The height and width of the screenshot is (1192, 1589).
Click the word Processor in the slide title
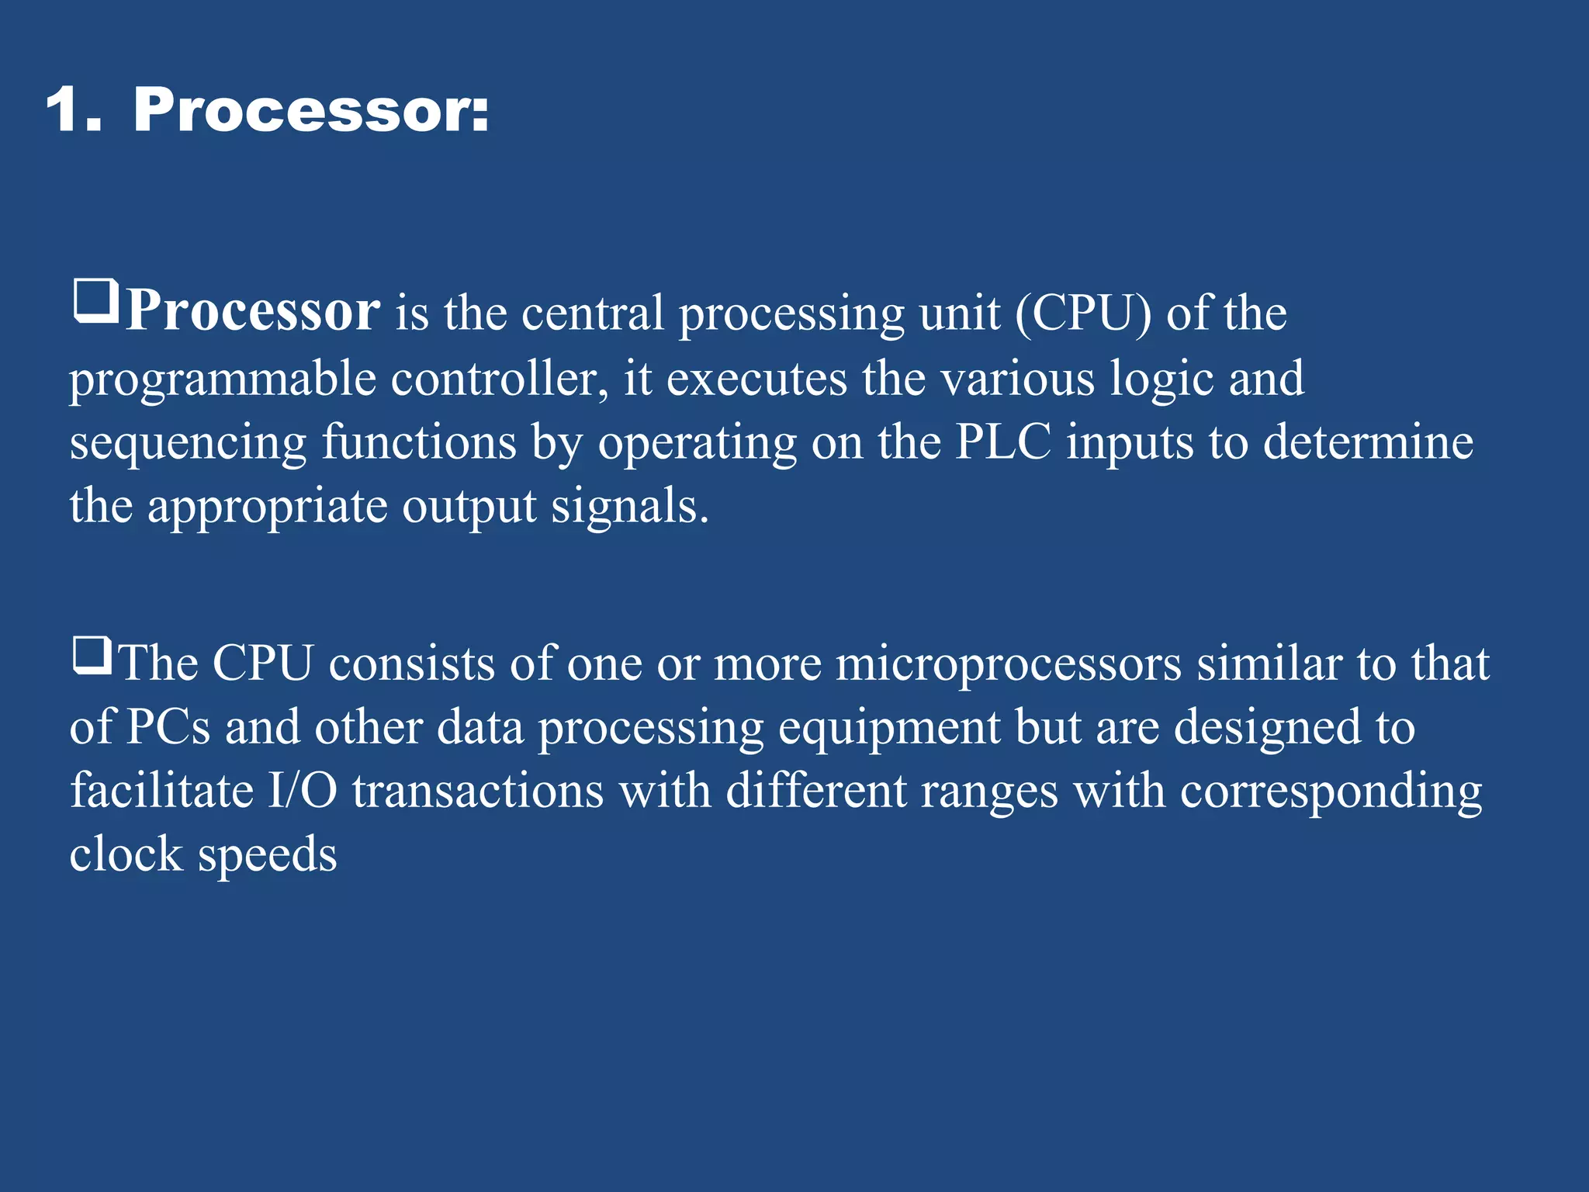(x=311, y=111)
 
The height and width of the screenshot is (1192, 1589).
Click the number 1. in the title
(x=74, y=111)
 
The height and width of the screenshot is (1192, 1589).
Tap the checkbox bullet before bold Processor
(x=96, y=302)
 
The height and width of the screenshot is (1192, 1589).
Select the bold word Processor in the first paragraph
(x=253, y=311)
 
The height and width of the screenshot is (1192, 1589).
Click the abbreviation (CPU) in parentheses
(x=1082, y=314)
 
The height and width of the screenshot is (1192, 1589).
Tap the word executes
(x=756, y=379)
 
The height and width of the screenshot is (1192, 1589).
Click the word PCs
(x=168, y=728)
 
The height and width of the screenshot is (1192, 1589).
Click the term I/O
(x=302, y=792)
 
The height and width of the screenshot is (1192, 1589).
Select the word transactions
(x=478, y=792)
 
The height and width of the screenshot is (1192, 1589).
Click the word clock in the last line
(x=126, y=854)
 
